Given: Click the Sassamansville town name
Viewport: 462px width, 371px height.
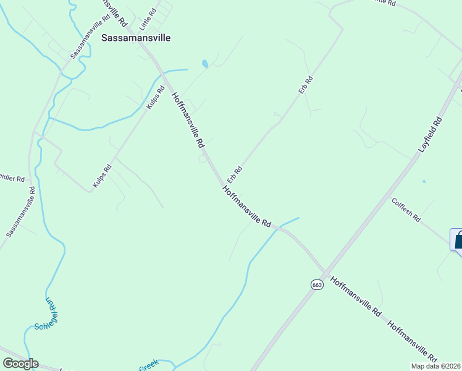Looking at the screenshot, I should (x=136, y=38).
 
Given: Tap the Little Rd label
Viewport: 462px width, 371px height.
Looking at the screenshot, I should (x=148, y=19).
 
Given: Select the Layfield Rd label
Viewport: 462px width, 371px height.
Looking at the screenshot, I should (x=431, y=135).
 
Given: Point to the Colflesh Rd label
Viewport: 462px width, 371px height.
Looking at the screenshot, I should (x=406, y=210).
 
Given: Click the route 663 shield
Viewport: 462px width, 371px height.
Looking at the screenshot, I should (x=317, y=284).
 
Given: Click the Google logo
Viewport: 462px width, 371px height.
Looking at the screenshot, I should (x=20, y=364).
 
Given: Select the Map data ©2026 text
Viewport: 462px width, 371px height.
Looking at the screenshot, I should (x=435, y=366).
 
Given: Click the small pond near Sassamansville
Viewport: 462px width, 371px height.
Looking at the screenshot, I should (x=204, y=64).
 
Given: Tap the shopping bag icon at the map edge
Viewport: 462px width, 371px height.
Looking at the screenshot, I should (x=458, y=240).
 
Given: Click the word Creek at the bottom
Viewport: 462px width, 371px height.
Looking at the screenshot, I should (x=148, y=366).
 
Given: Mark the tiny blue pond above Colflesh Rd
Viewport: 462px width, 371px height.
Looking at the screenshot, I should (x=424, y=181).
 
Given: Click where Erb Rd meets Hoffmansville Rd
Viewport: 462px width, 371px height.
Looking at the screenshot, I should (x=223, y=184).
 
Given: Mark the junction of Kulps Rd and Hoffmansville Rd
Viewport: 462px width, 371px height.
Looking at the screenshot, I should (x=162, y=76).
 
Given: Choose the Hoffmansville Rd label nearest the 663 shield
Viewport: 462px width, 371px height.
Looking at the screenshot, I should (x=355, y=297).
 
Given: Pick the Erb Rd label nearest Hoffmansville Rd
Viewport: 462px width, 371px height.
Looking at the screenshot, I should (x=235, y=174).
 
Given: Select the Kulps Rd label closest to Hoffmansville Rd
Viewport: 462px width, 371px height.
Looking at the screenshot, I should (x=156, y=98).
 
